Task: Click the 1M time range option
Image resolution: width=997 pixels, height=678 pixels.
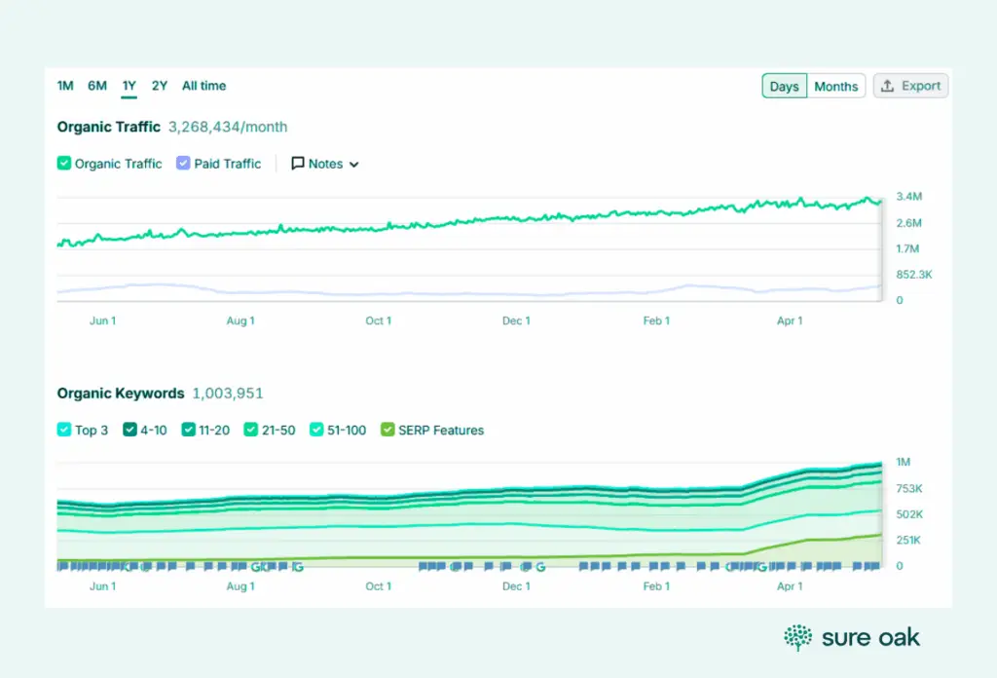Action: (65, 86)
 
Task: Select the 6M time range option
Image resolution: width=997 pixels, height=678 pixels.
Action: (97, 86)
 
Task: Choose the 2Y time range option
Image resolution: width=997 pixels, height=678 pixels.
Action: (160, 86)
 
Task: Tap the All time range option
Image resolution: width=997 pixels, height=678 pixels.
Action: (203, 86)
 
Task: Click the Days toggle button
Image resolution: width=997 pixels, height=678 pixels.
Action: (784, 87)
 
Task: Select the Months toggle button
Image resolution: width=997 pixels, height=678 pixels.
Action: (835, 87)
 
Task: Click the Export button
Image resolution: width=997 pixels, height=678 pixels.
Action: (910, 86)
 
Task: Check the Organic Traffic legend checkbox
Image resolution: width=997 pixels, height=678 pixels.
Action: (64, 164)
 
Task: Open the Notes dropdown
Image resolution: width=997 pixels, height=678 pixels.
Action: (325, 164)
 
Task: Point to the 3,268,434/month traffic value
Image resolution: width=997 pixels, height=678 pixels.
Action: (228, 127)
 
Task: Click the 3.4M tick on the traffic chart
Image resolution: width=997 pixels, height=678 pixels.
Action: (909, 197)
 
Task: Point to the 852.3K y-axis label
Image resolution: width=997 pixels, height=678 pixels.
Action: (914, 275)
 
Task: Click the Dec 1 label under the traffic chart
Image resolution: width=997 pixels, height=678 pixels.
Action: (516, 320)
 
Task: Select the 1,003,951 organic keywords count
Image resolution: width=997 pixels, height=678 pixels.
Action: (228, 394)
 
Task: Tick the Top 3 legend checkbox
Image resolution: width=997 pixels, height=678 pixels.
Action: (64, 430)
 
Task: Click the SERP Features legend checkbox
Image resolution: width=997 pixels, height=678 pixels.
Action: (388, 430)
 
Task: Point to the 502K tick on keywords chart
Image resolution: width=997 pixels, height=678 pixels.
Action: (910, 514)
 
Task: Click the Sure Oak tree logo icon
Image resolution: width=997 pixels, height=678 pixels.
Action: (798, 638)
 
